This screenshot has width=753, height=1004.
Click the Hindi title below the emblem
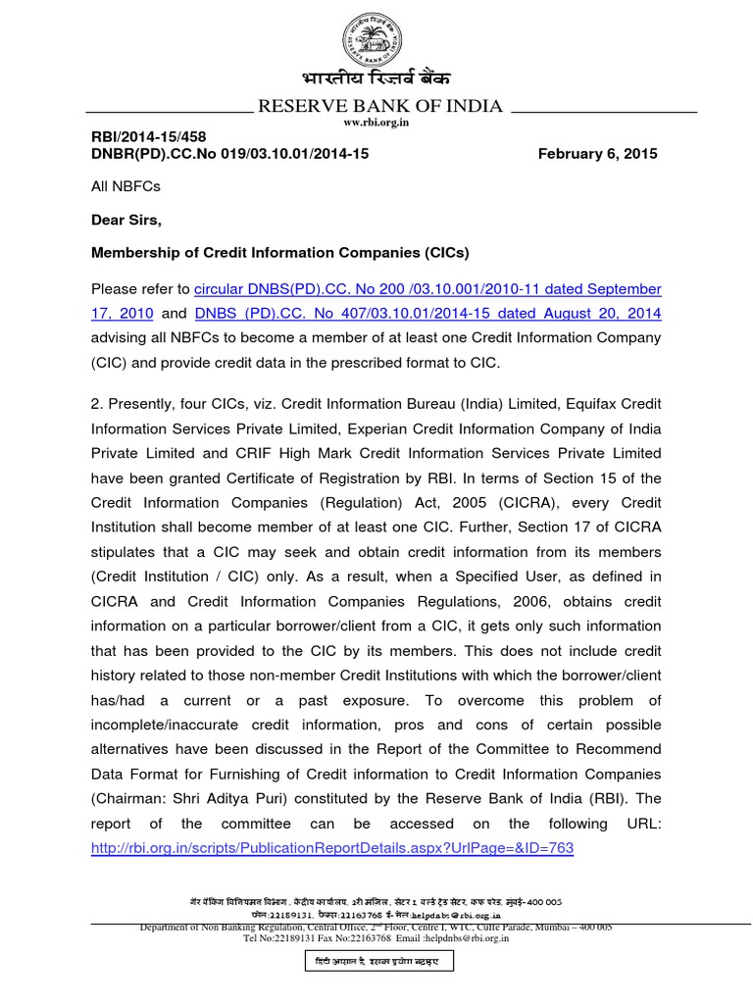pos(376,79)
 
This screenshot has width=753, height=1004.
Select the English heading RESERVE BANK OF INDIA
pos(378,106)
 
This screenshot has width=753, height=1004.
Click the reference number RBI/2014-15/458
pos(148,137)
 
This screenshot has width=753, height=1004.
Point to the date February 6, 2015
pos(598,154)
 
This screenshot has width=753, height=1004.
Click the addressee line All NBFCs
pos(125,185)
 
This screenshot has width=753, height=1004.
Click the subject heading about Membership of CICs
pos(280,253)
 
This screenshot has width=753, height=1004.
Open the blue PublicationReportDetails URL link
pos(331,847)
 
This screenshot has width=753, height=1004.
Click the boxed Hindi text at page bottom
pos(376,962)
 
